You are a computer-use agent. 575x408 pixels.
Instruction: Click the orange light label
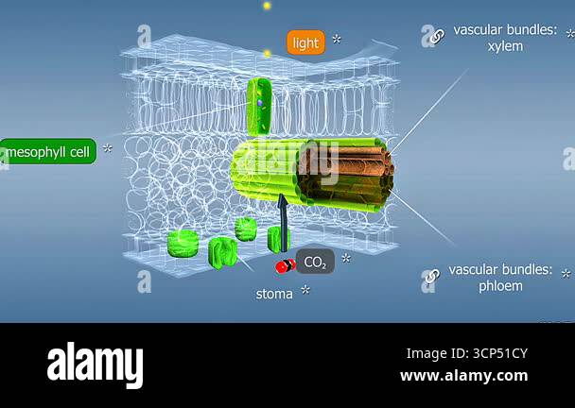coord(305,42)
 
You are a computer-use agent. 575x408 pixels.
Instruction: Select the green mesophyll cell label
coord(48,151)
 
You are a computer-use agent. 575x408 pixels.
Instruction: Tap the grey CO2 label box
coord(315,262)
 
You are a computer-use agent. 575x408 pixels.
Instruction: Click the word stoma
coord(274,294)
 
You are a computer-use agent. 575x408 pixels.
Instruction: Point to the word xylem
coord(505,46)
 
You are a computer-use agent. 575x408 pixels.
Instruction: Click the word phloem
coord(500,286)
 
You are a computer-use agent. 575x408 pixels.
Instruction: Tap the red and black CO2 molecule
coord(286,266)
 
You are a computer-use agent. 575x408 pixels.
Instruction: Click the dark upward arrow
coord(283,223)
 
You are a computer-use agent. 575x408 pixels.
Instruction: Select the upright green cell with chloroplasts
coord(260,107)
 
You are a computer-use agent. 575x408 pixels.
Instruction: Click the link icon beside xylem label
coord(437,36)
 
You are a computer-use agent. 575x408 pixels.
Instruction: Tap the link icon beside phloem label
coord(433,276)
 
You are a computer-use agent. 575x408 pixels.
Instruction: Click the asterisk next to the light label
coord(337,39)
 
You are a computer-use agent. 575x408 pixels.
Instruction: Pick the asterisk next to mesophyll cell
coord(108,148)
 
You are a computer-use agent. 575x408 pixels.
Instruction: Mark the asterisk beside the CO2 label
coord(346,258)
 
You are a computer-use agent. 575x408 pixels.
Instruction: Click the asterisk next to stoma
coord(305,290)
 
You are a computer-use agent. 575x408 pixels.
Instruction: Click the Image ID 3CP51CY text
coord(467,353)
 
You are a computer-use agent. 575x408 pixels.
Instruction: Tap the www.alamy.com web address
coord(464,376)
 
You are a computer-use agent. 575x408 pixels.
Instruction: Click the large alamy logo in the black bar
coord(95,365)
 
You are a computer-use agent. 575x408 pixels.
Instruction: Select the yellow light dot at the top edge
coord(267,6)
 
